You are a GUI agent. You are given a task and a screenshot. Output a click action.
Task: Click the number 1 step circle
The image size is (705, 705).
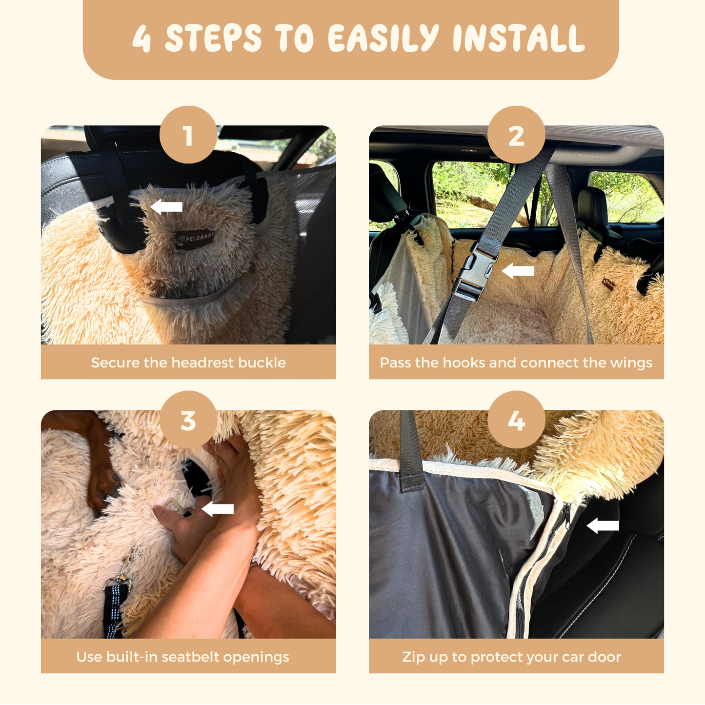[x=188, y=135]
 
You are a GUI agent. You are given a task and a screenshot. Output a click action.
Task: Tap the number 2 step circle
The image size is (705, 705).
[x=516, y=135]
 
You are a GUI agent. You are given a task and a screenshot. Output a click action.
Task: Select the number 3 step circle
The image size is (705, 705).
[x=188, y=419]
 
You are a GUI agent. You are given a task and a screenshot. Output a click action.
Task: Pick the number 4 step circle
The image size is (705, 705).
[x=516, y=419]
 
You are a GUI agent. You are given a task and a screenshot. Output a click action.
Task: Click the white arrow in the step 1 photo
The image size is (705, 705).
[x=166, y=207]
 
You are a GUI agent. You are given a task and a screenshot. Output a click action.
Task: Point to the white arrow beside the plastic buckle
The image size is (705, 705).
[x=518, y=271]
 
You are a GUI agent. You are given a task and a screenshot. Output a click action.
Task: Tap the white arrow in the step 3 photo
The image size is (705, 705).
[x=218, y=509]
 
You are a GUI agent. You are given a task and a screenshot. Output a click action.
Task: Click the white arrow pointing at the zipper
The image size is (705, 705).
[x=603, y=526]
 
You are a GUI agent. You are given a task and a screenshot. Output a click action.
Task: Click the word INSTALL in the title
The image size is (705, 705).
[x=519, y=38]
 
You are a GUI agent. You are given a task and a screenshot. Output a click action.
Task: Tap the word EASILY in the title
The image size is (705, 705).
[x=383, y=38]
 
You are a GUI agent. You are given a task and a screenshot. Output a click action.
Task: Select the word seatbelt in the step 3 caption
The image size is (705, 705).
[x=190, y=657]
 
